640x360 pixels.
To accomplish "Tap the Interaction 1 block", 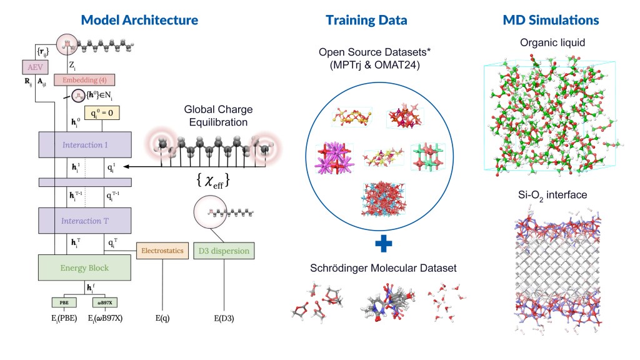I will coord(85,144).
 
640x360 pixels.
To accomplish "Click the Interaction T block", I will coord(85,220).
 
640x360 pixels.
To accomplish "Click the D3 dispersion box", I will coord(224,251).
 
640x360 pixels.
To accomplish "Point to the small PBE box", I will coord(64,303).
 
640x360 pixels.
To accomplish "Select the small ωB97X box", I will coord(104,303).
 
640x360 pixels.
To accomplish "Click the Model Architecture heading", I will coord(139,20).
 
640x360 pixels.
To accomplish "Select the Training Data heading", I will coord(366,20).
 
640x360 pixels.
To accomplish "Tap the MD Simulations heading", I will coord(551,20).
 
